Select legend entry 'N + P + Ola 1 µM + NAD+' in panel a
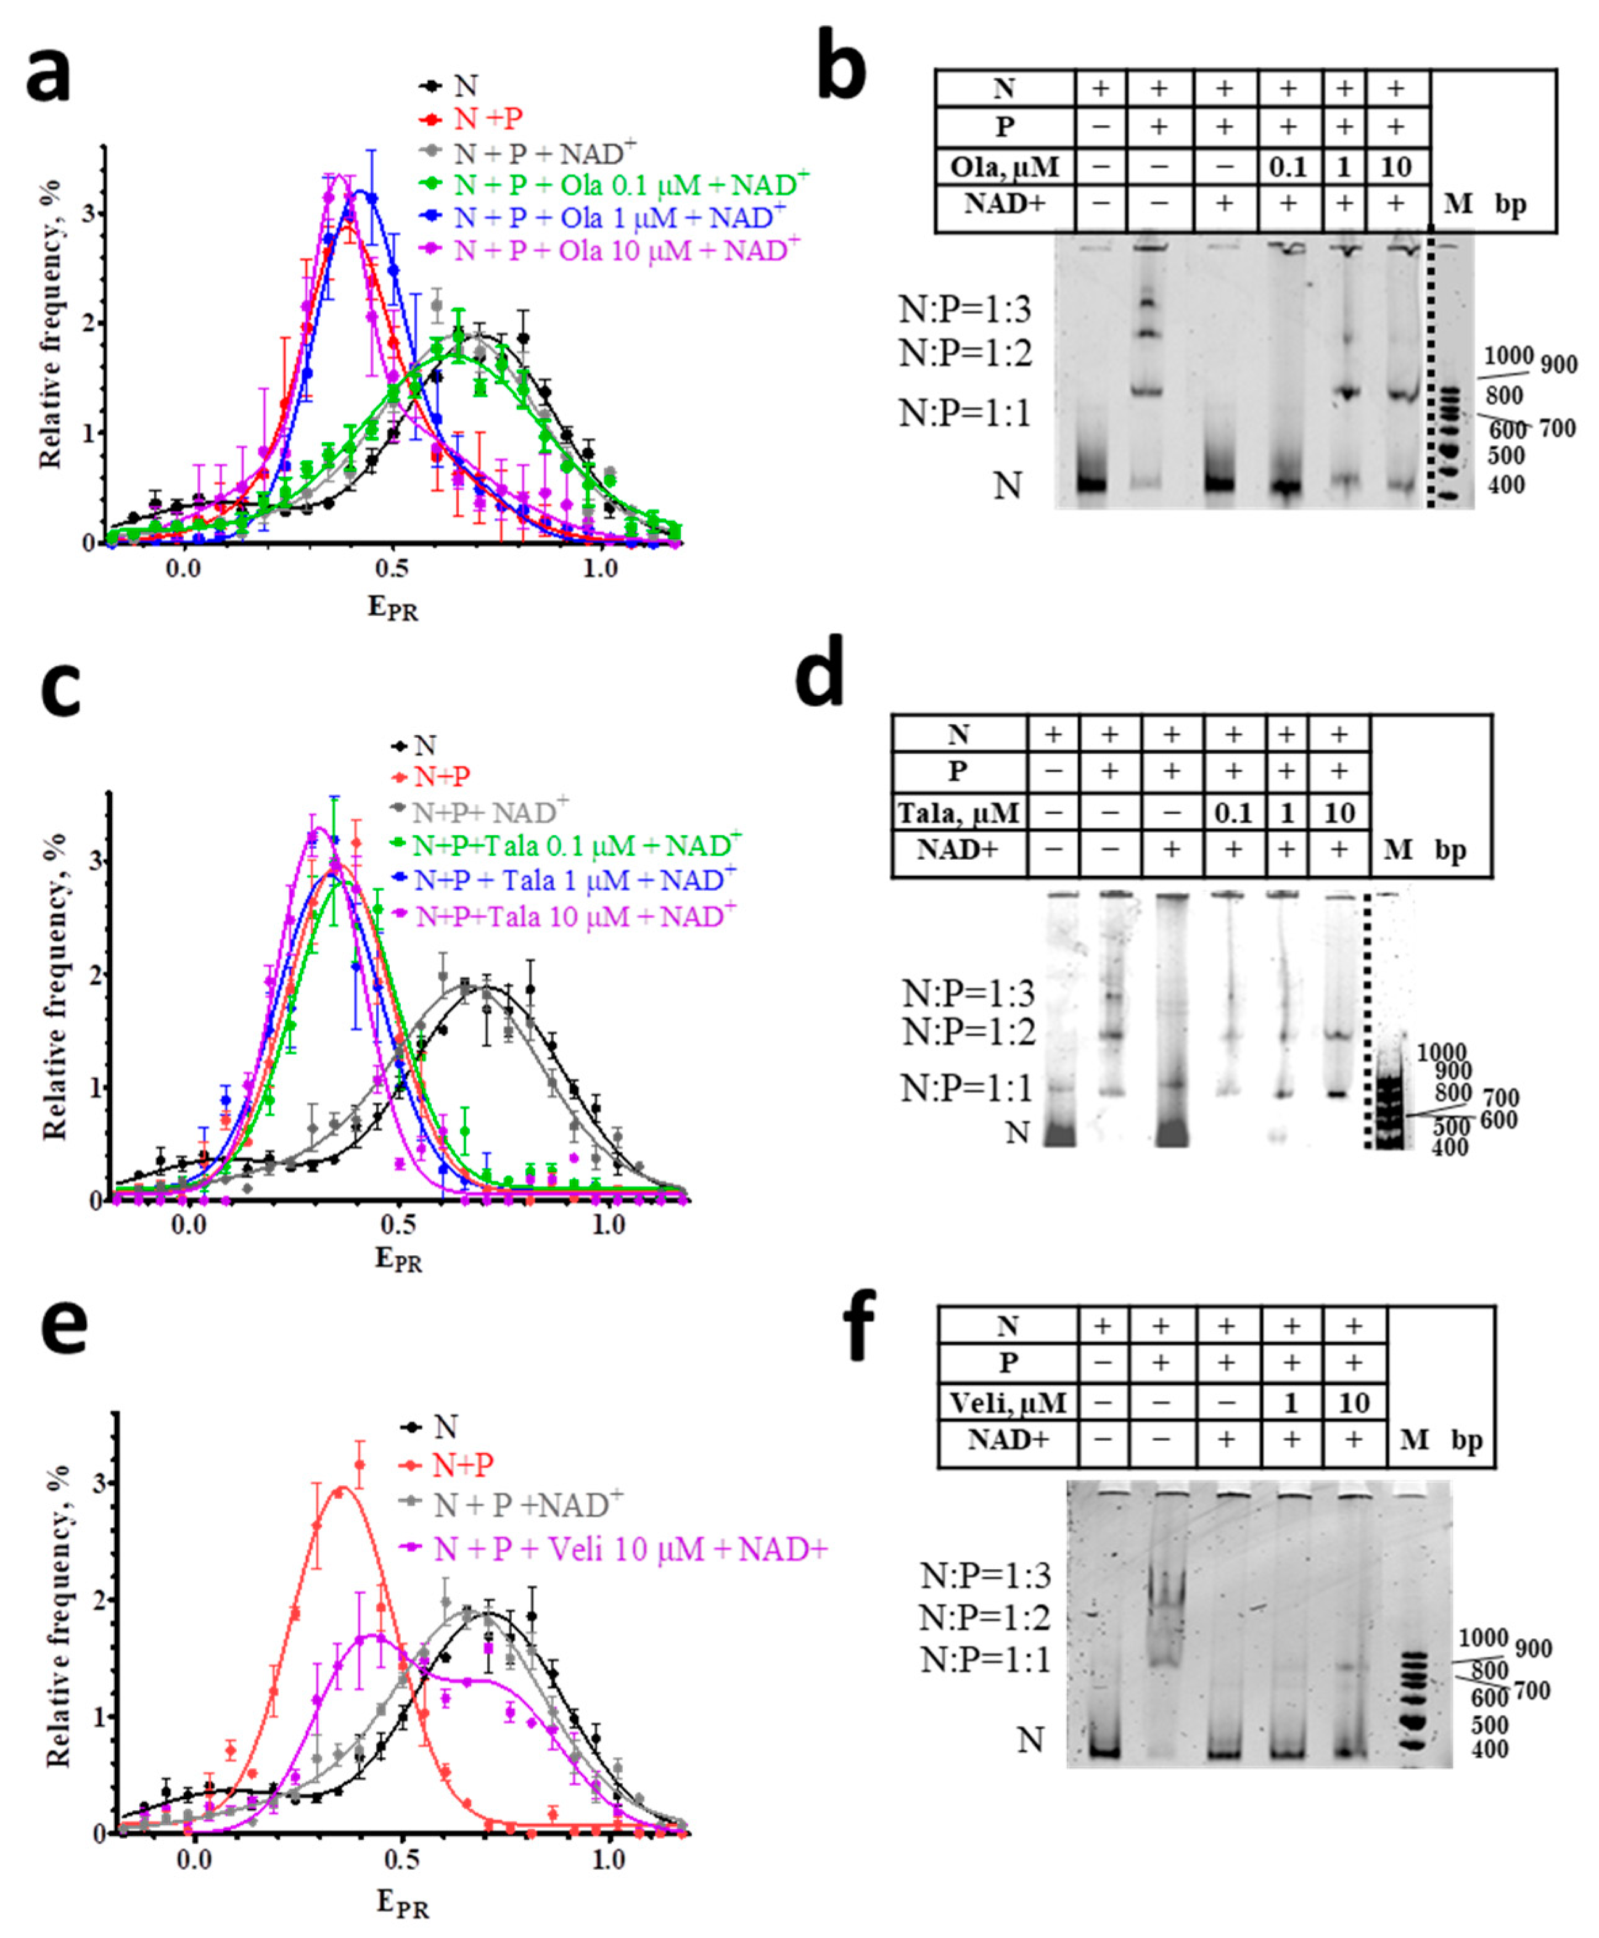[x=620, y=218]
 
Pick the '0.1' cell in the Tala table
[x=1233, y=812]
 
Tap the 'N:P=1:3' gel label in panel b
[x=964, y=310]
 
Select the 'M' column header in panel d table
[x=1397, y=849]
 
